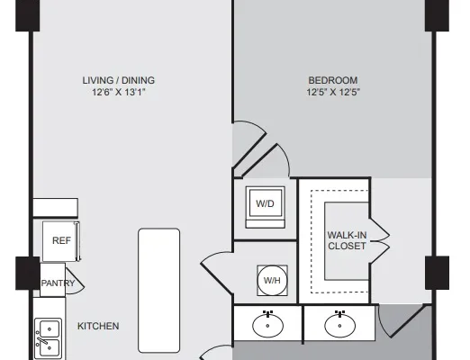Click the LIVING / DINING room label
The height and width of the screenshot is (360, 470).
pos(119,80)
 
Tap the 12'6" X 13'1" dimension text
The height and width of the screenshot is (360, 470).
pos(119,92)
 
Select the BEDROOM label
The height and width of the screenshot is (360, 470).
pos(333,80)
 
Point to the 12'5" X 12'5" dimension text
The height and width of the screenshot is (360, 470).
pos(333,92)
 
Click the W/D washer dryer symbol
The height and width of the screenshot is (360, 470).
pos(265,207)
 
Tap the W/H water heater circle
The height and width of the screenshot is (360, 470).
pos(272,280)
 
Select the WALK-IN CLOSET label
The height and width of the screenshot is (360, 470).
pos(347,240)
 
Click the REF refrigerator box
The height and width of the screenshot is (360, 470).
pos(61,241)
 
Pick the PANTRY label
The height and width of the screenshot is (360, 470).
pos(58,283)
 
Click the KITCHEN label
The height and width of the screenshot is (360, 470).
pos(98,326)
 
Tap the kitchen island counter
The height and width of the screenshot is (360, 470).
pos(159,291)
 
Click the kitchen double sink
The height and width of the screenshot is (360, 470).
pos(49,338)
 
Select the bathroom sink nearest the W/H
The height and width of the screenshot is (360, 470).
pos(267,325)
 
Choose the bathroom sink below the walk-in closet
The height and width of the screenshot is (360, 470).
pos(339,325)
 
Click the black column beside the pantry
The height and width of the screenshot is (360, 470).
pos(28,273)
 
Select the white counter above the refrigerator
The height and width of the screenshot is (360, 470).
pos(56,207)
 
